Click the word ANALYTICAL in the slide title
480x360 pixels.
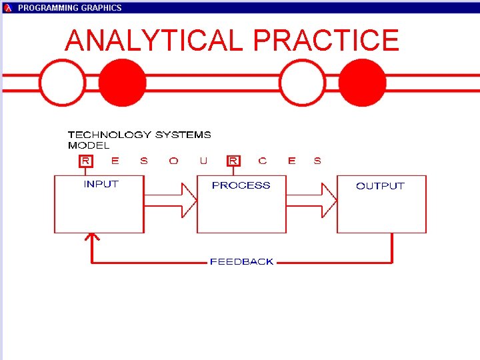click(154, 41)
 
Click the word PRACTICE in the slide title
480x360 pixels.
click(326, 41)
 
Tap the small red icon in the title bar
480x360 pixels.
click(8, 8)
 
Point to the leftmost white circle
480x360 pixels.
click(63, 83)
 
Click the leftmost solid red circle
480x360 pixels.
click(123, 83)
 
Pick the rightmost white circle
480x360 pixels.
click(303, 83)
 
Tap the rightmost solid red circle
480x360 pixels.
click(362, 83)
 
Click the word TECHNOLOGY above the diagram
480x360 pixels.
click(109, 135)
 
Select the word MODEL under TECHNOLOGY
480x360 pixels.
click(88, 145)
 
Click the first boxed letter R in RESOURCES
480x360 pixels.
click(86, 161)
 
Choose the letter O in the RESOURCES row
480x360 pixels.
click(173, 161)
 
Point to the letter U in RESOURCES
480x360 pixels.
click(203, 161)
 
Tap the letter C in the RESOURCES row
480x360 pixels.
click(262, 161)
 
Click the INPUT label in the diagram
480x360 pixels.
click(101, 184)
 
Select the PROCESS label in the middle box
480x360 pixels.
click(241, 185)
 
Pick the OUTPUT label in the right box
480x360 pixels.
click(380, 186)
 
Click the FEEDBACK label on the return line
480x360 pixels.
click(241, 262)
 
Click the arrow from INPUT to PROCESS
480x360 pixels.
click(171, 200)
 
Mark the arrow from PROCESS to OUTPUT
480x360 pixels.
click(312, 200)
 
